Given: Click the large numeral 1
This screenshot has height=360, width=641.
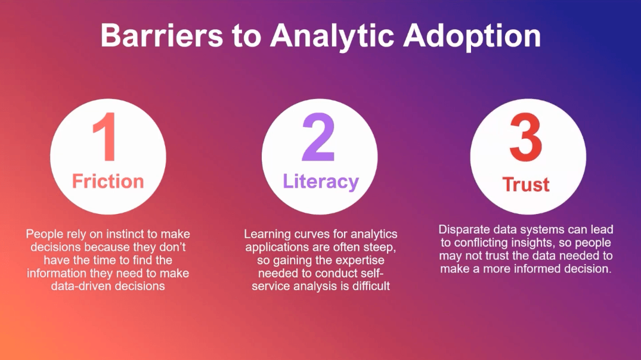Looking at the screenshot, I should tap(107, 139).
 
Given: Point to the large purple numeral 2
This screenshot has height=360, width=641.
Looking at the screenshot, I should tap(318, 138).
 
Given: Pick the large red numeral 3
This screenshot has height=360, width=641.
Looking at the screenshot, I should tap(526, 141).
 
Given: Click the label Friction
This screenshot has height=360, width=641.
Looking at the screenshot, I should tap(108, 181).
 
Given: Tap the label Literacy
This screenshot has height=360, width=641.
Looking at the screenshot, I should tap(321, 181).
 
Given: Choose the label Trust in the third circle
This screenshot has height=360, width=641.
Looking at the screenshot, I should tap(526, 184).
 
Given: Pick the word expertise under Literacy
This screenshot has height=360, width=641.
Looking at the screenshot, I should tap(355, 260).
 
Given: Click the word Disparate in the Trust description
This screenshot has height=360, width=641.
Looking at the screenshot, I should tap(463, 229).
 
